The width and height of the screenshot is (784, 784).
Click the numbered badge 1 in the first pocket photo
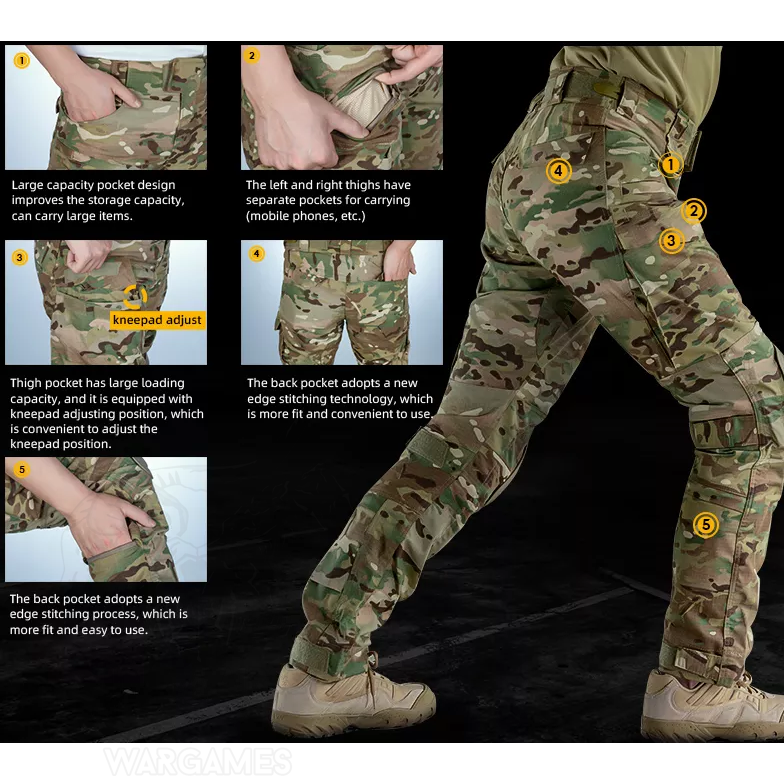coord(22,61)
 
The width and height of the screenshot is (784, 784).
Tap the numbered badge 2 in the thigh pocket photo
coord(252,56)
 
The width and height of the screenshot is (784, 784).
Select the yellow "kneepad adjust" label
coord(157,320)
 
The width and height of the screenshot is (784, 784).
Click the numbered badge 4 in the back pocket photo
coord(256,254)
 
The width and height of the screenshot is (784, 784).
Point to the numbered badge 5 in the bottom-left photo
coord(22,470)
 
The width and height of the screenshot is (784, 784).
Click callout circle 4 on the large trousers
coord(558,172)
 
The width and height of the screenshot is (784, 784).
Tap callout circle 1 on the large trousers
coord(670,164)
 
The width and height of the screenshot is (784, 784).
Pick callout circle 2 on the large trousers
coord(694,211)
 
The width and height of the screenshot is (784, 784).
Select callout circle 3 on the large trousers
coord(671,241)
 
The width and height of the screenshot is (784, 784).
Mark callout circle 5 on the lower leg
coord(706,525)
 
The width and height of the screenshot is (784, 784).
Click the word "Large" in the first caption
coord(28,186)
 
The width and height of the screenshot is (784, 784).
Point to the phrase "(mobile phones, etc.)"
coord(306,216)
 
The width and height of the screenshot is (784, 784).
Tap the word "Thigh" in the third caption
coord(25,384)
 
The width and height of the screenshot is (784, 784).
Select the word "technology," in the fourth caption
coord(365,398)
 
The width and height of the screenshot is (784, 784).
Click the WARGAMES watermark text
coord(198,762)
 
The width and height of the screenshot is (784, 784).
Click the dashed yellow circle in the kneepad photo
coord(135,297)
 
